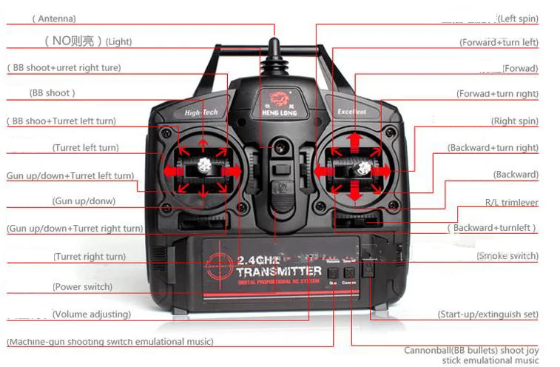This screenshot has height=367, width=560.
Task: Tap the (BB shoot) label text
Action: click(52, 93)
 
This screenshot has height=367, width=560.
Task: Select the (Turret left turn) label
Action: click(85, 148)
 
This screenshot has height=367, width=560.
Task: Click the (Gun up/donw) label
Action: click(84, 201)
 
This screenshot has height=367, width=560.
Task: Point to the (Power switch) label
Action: click(82, 286)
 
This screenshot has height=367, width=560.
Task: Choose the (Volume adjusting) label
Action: click(91, 314)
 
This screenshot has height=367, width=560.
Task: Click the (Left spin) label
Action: click(517, 18)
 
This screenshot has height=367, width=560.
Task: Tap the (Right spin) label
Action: click(514, 121)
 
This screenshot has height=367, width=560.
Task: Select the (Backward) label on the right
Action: click(516, 175)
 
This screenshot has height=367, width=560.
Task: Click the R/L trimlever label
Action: click(511, 202)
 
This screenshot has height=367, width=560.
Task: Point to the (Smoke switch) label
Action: click(507, 256)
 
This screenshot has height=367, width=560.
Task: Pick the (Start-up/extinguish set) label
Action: click(488, 314)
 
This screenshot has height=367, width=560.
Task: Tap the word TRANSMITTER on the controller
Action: click(280, 272)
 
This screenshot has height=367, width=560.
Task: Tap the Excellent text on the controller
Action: click(352, 112)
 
